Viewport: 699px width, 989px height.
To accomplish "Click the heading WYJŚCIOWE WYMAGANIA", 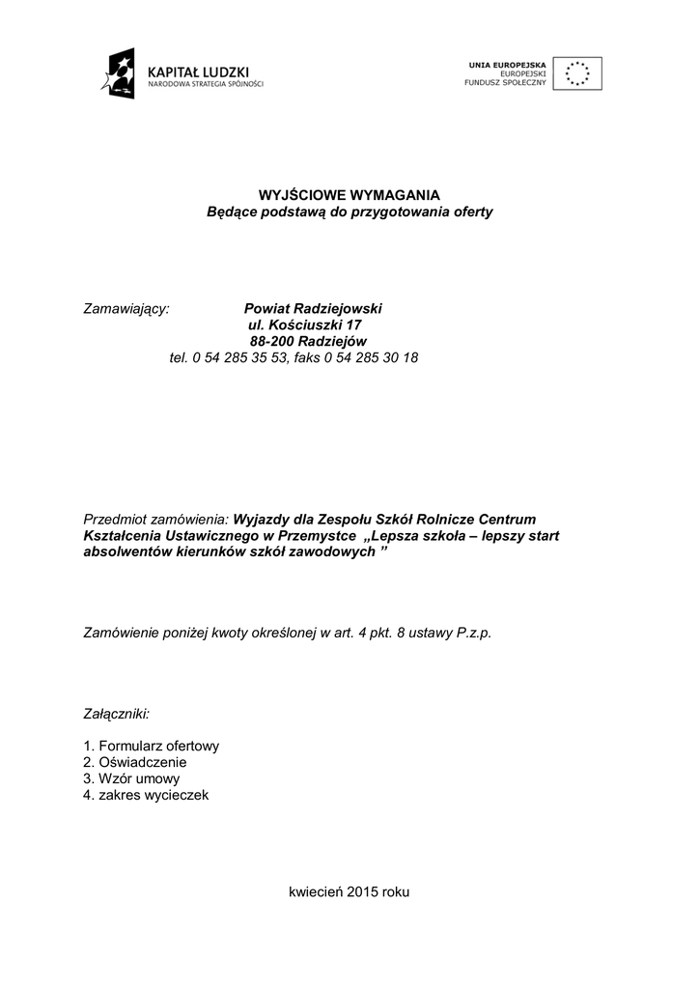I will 349,195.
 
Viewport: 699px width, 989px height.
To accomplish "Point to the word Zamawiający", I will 126,308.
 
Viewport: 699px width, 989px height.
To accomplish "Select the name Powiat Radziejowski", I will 313,308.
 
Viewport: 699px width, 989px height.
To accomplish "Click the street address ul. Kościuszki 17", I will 305,325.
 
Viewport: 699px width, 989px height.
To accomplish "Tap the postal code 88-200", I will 271,341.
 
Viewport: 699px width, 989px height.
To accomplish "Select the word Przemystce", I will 321,535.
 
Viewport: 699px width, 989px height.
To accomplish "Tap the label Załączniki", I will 117,714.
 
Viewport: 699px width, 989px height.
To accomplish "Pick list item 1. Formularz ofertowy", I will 152,747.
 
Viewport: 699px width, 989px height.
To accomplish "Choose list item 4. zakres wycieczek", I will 146,796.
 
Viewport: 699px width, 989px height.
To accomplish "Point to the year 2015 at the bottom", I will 362,892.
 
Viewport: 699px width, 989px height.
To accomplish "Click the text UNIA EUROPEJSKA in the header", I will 508,64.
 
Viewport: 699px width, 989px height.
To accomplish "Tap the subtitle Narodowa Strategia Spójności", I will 205,84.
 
